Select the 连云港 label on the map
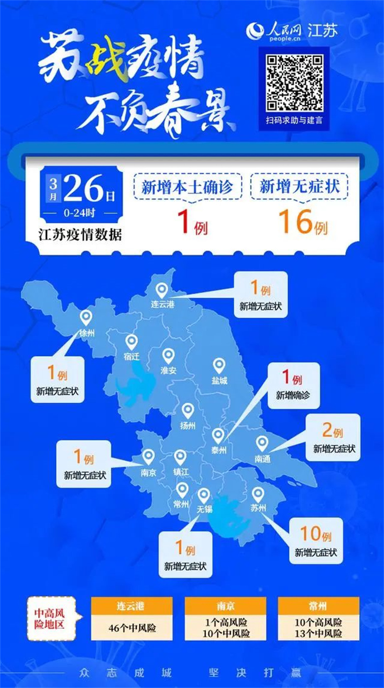click(x=162, y=304)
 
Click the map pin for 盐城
click(x=219, y=365)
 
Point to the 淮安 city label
click(x=168, y=370)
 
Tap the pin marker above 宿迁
click(x=131, y=341)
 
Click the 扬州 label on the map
click(x=188, y=425)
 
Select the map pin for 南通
click(x=262, y=443)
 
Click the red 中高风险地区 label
click(x=52, y=619)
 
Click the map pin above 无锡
click(x=204, y=495)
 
